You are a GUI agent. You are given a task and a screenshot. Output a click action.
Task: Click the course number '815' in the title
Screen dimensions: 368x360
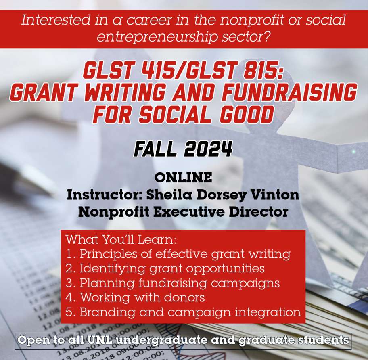coord(263,70)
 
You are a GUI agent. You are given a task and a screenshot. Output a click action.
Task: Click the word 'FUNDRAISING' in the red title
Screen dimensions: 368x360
coord(289,92)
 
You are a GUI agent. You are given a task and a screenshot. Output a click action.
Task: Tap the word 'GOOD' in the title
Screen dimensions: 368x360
coord(247,114)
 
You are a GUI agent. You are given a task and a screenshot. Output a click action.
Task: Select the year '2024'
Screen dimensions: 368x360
coord(208,149)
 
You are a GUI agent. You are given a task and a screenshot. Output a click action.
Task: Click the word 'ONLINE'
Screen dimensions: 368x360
coord(183,178)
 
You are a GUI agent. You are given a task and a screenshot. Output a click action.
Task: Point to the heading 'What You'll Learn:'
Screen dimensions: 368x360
coord(121,240)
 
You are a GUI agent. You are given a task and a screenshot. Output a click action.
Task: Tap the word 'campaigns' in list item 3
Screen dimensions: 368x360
coord(245,283)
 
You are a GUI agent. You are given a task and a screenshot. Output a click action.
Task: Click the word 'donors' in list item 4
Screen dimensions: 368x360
coord(184,297)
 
